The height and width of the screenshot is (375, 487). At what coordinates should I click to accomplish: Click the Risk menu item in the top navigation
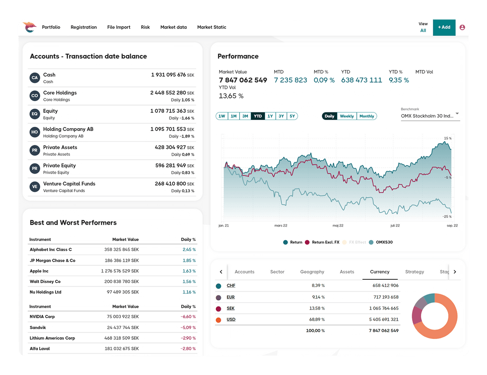(x=145, y=27)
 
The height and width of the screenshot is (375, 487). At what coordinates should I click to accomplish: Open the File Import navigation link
(x=119, y=27)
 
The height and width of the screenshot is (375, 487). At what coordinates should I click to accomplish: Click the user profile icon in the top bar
(x=462, y=27)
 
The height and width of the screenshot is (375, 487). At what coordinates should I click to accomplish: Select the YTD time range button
(x=257, y=116)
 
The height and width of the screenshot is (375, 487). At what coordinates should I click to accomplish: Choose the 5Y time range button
(x=292, y=116)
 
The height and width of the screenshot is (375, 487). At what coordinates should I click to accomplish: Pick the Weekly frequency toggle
(x=347, y=116)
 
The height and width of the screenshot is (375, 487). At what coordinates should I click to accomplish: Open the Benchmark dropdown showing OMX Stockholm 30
(x=430, y=116)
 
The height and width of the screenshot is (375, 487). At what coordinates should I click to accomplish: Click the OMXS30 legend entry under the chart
(x=381, y=242)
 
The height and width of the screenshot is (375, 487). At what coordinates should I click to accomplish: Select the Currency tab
(x=380, y=272)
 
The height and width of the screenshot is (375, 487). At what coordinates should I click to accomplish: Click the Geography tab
(x=312, y=272)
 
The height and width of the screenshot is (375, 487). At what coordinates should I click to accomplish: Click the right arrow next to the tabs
(x=455, y=272)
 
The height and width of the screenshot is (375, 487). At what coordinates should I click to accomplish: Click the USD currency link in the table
(x=231, y=319)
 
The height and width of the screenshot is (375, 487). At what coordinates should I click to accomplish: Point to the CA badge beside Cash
(x=35, y=78)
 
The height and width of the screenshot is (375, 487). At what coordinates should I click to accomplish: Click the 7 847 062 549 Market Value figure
(x=243, y=80)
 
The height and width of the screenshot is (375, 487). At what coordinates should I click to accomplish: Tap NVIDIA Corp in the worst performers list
(x=42, y=317)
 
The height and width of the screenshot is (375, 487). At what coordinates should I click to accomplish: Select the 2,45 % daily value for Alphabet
(x=189, y=250)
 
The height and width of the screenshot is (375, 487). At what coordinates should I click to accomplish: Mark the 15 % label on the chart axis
(x=447, y=138)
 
